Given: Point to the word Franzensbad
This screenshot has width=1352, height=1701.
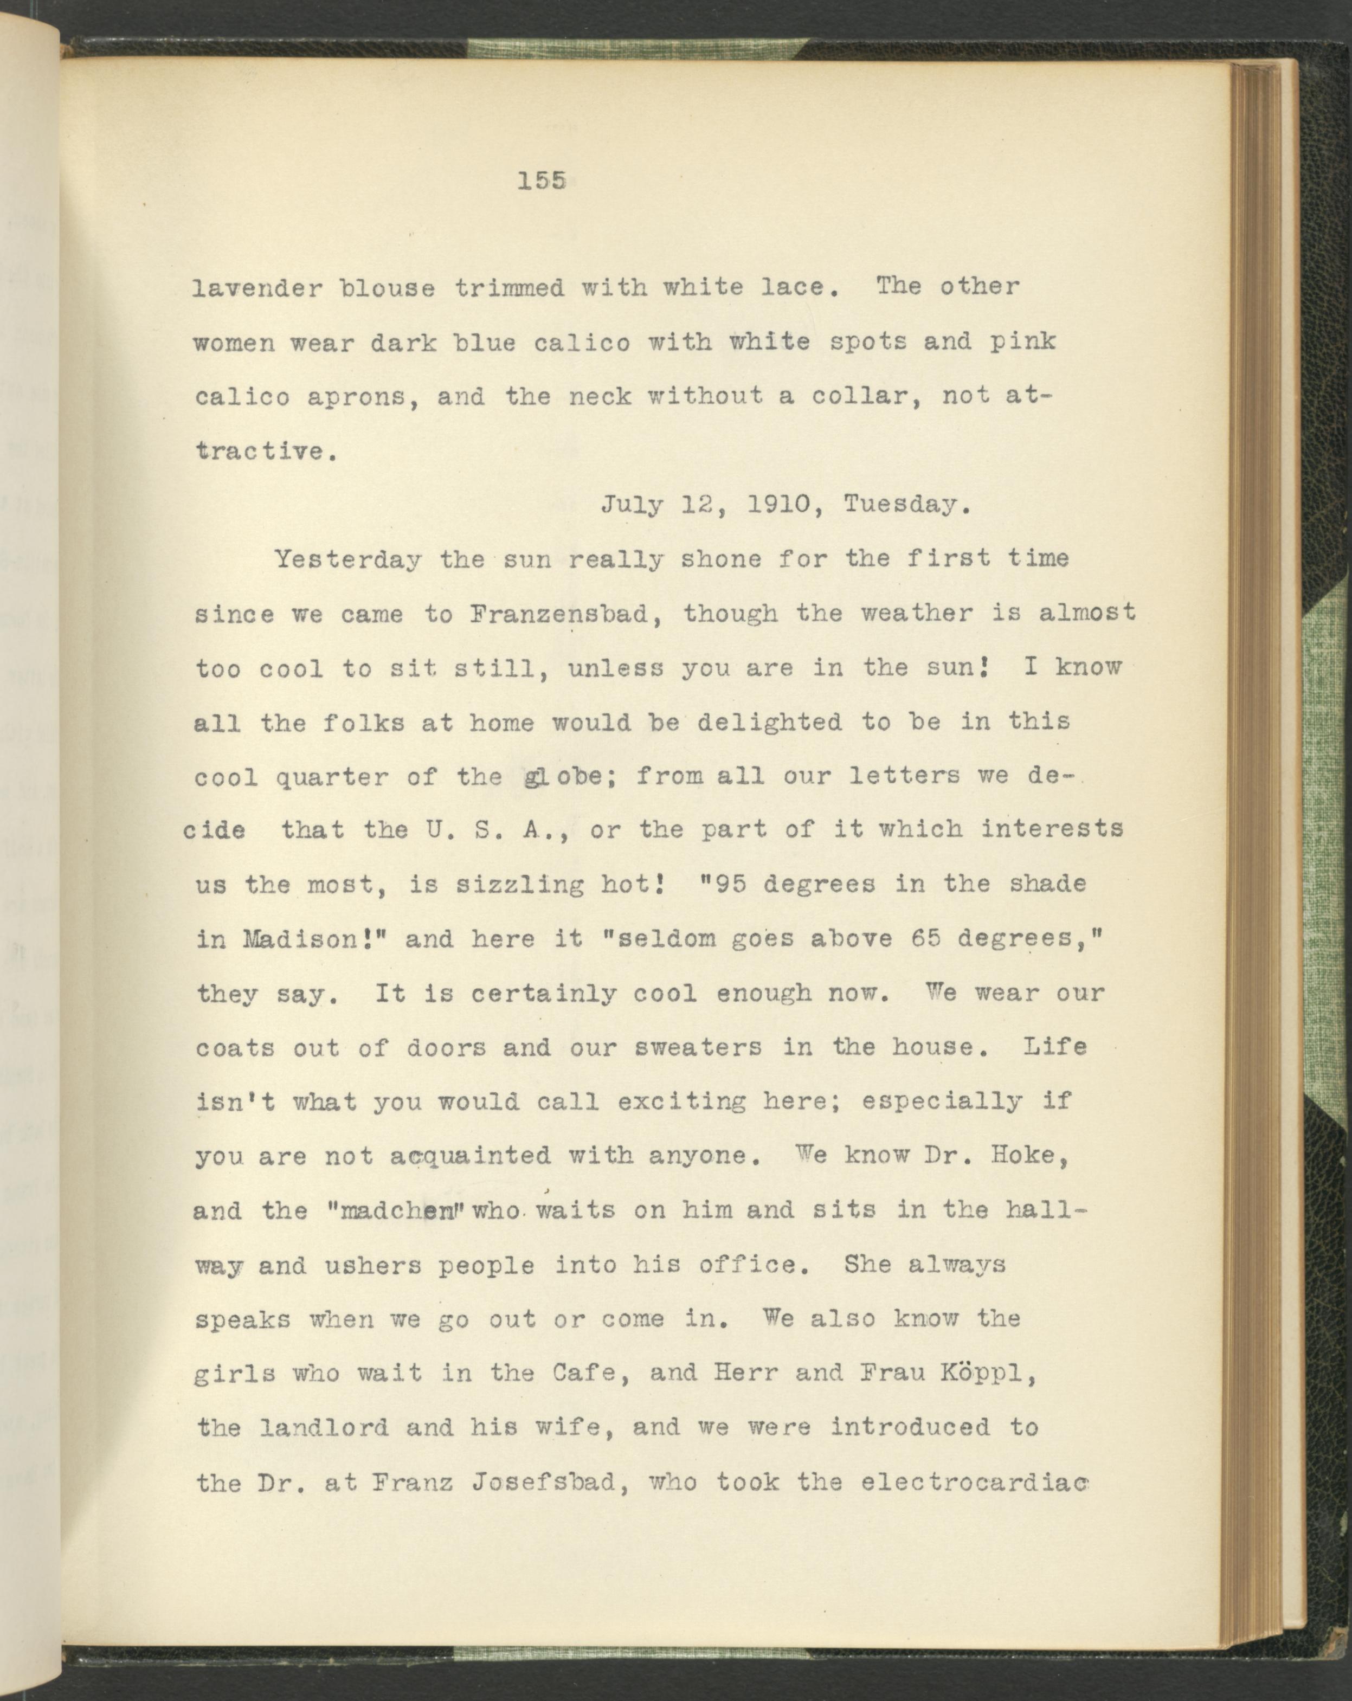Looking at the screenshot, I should tap(565, 613).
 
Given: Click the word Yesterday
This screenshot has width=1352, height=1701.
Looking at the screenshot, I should tap(347, 559).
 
